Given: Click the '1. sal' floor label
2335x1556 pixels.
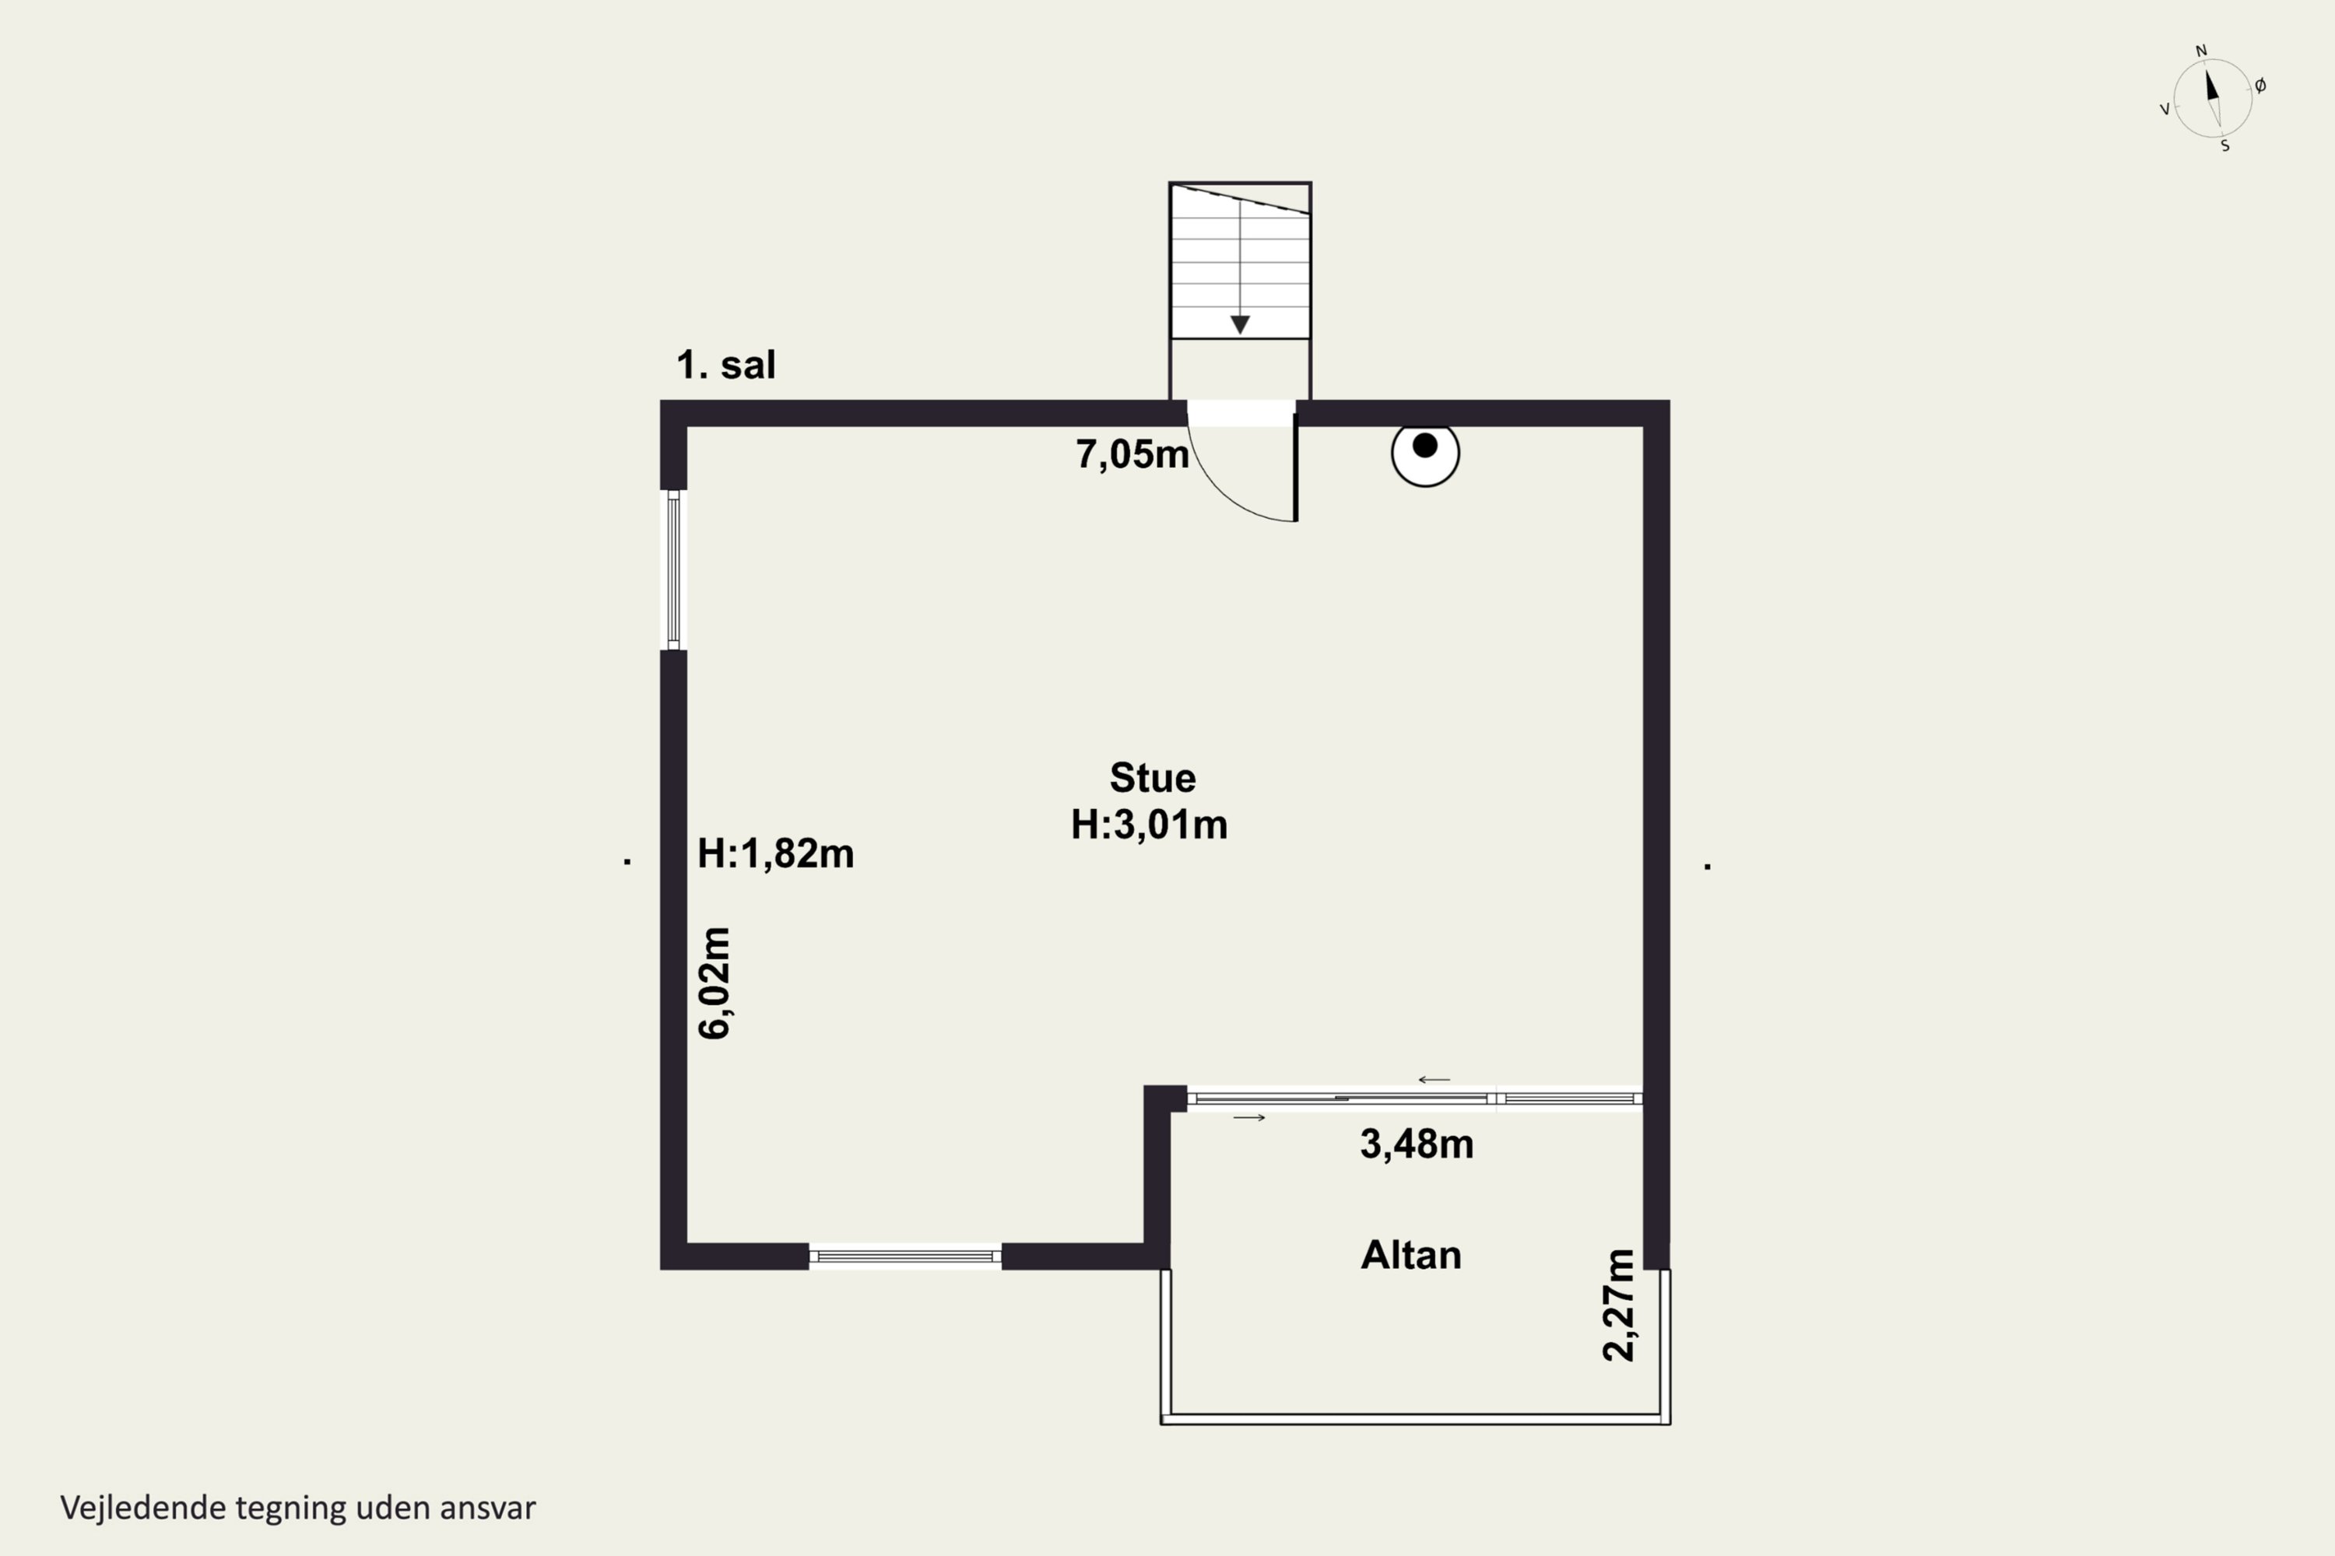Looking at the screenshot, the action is click(x=725, y=365).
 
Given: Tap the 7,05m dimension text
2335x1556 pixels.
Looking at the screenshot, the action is click(x=1132, y=454).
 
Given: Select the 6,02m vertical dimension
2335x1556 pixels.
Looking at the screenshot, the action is click(x=715, y=983).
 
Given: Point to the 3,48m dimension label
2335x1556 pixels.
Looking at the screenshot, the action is click(x=1417, y=1145).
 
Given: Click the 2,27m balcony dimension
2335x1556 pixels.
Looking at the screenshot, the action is click(x=1619, y=1305).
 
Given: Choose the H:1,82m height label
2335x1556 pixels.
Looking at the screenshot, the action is click(x=775, y=853).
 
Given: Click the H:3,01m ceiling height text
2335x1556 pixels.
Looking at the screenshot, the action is click(x=1150, y=825).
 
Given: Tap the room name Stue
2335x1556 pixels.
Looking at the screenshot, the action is click(x=1153, y=778).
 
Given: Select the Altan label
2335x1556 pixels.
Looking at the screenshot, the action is click(x=1410, y=1256).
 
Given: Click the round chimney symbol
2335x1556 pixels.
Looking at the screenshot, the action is click(x=1426, y=453).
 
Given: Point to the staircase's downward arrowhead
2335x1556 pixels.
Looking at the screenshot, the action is click(x=1240, y=324).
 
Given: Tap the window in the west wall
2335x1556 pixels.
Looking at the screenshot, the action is click(x=673, y=570).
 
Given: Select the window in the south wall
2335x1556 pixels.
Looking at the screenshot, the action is click(x=905, y=1256).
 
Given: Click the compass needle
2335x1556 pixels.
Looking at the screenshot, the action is click(x=2213, y=97).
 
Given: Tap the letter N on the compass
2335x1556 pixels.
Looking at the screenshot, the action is click(x=2201, y=51).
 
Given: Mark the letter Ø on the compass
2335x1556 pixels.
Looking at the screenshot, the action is click(x=2260, y=86).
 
